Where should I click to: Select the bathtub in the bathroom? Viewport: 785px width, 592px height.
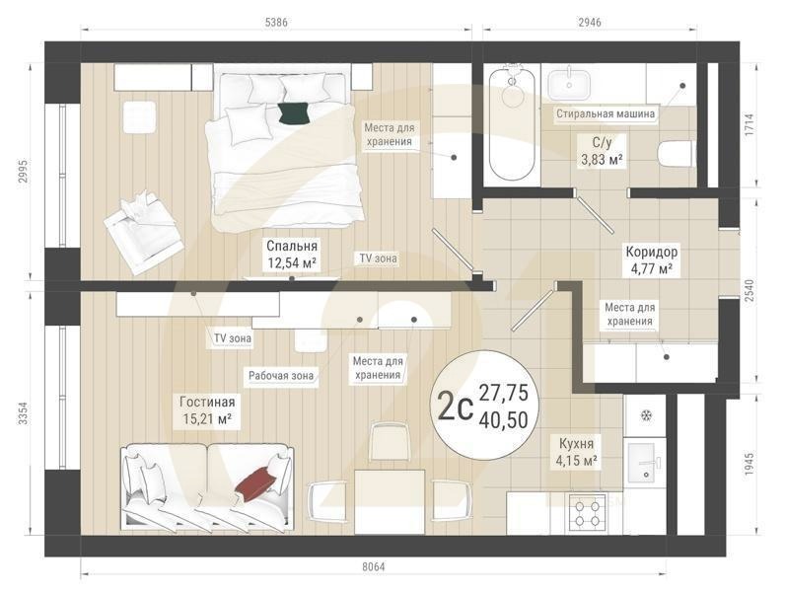coord(511,123)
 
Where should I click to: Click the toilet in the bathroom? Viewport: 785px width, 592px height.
coord(678,155)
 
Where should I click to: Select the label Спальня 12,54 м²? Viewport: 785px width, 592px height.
coord(291,255)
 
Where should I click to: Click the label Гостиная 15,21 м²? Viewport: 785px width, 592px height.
coord(206,411)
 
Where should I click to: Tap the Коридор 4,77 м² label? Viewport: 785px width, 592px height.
coord(651,259)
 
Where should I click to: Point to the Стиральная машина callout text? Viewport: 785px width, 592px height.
coord(606,114)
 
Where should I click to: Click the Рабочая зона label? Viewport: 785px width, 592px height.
coord(282,376)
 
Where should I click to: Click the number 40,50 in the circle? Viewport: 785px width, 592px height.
coord(503,419)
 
